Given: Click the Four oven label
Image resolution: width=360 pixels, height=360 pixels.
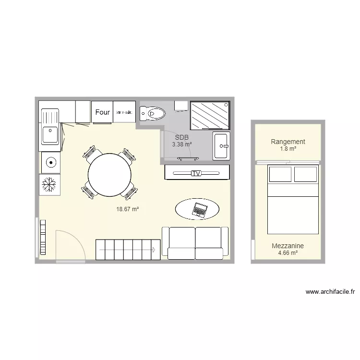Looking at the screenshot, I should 102,112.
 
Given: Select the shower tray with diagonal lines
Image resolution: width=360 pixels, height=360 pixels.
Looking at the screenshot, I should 210,115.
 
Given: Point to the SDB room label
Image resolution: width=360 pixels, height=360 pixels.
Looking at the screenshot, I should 182,137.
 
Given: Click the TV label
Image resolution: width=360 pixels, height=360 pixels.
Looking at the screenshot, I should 195,173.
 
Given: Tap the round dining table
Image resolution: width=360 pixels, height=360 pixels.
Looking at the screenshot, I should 109,174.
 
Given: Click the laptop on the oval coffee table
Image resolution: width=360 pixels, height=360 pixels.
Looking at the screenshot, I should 199,209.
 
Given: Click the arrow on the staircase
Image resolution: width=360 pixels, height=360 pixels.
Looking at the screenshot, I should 154,250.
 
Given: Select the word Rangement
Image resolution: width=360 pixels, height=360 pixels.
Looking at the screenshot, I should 288,142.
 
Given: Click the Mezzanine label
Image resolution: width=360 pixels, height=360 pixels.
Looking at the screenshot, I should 288,246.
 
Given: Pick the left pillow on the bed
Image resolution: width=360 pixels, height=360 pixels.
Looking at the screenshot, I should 280,174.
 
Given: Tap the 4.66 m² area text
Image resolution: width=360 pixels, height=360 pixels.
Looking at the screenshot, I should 288,252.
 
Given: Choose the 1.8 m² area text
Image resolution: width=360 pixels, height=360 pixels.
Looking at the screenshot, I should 288,149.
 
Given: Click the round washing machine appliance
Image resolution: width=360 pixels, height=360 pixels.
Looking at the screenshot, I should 49,163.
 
